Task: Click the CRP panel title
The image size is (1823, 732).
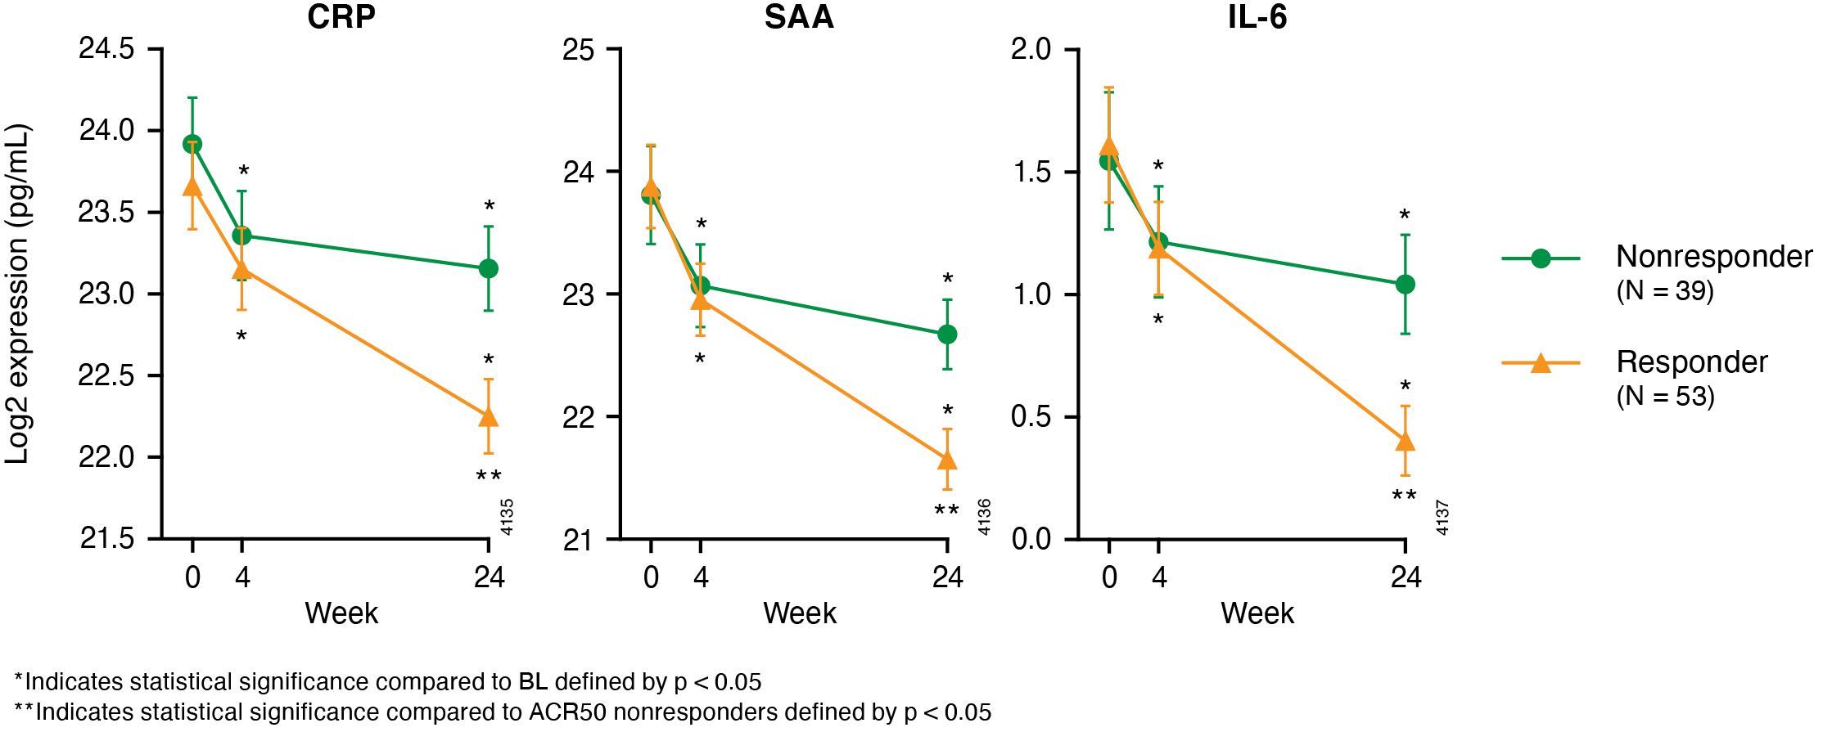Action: coord(341,17)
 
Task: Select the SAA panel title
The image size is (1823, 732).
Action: coord(799,17)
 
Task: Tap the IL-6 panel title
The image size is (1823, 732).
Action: coord(1257,17)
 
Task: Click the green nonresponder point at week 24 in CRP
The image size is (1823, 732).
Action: coord(489,268)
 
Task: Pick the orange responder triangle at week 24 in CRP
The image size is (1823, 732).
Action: coord(489,417)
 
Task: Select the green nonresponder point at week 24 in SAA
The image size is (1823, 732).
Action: coord(947,334)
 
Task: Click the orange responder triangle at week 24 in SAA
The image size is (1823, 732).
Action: coord(947,460)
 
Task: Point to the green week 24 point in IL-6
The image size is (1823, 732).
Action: coord(1406,284)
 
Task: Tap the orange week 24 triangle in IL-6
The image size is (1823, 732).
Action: coord(1406,442)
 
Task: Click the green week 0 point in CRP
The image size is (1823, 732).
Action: coord(192,144)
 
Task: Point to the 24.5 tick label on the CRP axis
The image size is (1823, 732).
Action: coord(106,49)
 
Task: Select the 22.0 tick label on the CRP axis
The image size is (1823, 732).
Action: coord(106,457)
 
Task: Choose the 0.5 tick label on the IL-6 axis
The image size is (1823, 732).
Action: coord(1031,416)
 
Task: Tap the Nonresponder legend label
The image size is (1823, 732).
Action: coord(1713,257)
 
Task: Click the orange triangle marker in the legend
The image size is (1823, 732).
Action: coord(1541,363)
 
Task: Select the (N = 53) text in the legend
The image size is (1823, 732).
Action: coord(1665,397)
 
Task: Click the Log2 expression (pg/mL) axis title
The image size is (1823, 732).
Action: coord(18,294)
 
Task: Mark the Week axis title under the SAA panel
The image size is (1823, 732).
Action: coord(800,613)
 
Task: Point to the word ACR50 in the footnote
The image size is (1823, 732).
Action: coord(567,712)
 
